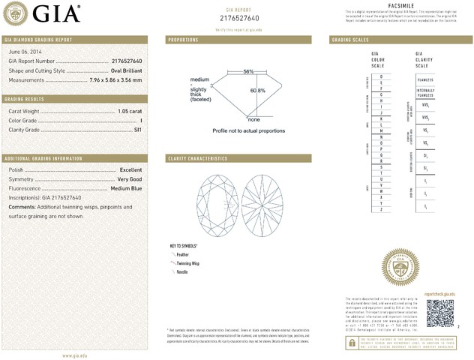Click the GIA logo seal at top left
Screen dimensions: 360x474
[17, 13]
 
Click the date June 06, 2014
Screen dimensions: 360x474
[23, 49]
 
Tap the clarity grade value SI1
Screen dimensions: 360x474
[137, 130]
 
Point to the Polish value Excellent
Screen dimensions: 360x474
[130, 170]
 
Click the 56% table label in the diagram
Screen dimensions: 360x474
[248, 71]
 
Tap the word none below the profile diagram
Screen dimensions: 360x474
[253, 119]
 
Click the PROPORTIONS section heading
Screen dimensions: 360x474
[183, 39]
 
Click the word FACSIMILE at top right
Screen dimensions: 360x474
[398, 5]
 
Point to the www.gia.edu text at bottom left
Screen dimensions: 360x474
[74, 352]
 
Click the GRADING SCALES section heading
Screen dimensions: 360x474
[351, 39]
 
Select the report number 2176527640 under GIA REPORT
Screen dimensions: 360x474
[239, 17]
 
